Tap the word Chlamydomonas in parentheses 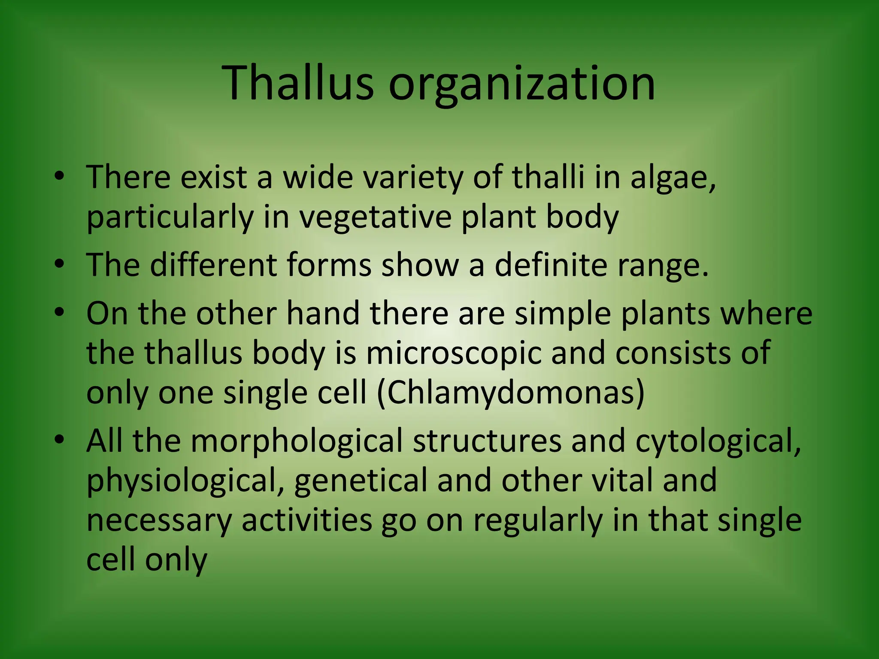point(511,394)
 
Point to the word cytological point(718,442)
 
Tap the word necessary point(159,520)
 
